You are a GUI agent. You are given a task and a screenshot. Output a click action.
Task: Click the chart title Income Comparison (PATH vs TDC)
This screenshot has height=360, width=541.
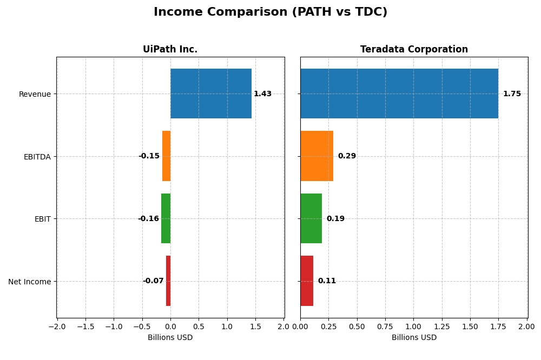tap(270, 12)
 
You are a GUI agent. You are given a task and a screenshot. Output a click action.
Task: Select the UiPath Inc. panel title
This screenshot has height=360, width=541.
tap(170, 49)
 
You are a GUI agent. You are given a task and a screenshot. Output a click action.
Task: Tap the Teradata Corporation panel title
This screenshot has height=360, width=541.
tap(414, 49)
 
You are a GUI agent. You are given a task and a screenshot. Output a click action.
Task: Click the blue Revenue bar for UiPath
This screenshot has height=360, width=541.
tap(211, 94)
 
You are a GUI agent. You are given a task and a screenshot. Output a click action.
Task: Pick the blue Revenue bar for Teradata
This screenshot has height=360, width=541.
tap(399, 94)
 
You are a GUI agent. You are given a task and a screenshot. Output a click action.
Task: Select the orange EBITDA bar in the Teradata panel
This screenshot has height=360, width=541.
tap(316, 156)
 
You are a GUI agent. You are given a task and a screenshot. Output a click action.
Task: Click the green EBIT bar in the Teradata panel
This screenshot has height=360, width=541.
tap(311, 218)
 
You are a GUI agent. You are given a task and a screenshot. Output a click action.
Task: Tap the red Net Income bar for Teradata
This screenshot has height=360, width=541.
tap(307, 281)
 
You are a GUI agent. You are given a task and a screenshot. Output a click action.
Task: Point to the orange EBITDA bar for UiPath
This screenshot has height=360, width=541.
tap(166, 156)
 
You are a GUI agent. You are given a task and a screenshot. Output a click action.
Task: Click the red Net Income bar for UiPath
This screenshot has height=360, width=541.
tap(168, 281)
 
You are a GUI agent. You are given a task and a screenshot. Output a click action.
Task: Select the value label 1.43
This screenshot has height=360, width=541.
tap(262, 94)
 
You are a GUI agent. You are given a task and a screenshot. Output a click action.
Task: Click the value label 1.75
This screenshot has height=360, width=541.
tap(512, 94)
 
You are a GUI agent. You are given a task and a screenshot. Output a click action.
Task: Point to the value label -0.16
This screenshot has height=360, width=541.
tap(148, 219)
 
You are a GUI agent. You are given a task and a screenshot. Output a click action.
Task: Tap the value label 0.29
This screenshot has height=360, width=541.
tap(347, 156)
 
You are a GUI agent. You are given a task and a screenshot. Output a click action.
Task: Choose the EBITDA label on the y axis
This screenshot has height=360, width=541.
tap(37, 157)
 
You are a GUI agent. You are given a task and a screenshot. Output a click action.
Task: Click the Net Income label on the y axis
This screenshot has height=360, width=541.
tap(30, 282)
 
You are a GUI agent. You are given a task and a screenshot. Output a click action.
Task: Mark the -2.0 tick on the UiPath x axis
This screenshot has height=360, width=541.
tap(57, 326)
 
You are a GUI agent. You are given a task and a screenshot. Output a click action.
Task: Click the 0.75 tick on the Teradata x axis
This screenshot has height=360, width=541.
tap(385, 326)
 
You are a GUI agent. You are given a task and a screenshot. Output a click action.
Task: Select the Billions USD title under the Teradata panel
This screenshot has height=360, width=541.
tap(414, 338)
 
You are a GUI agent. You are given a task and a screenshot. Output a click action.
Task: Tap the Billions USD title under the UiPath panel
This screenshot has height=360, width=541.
tap(170, 338)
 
